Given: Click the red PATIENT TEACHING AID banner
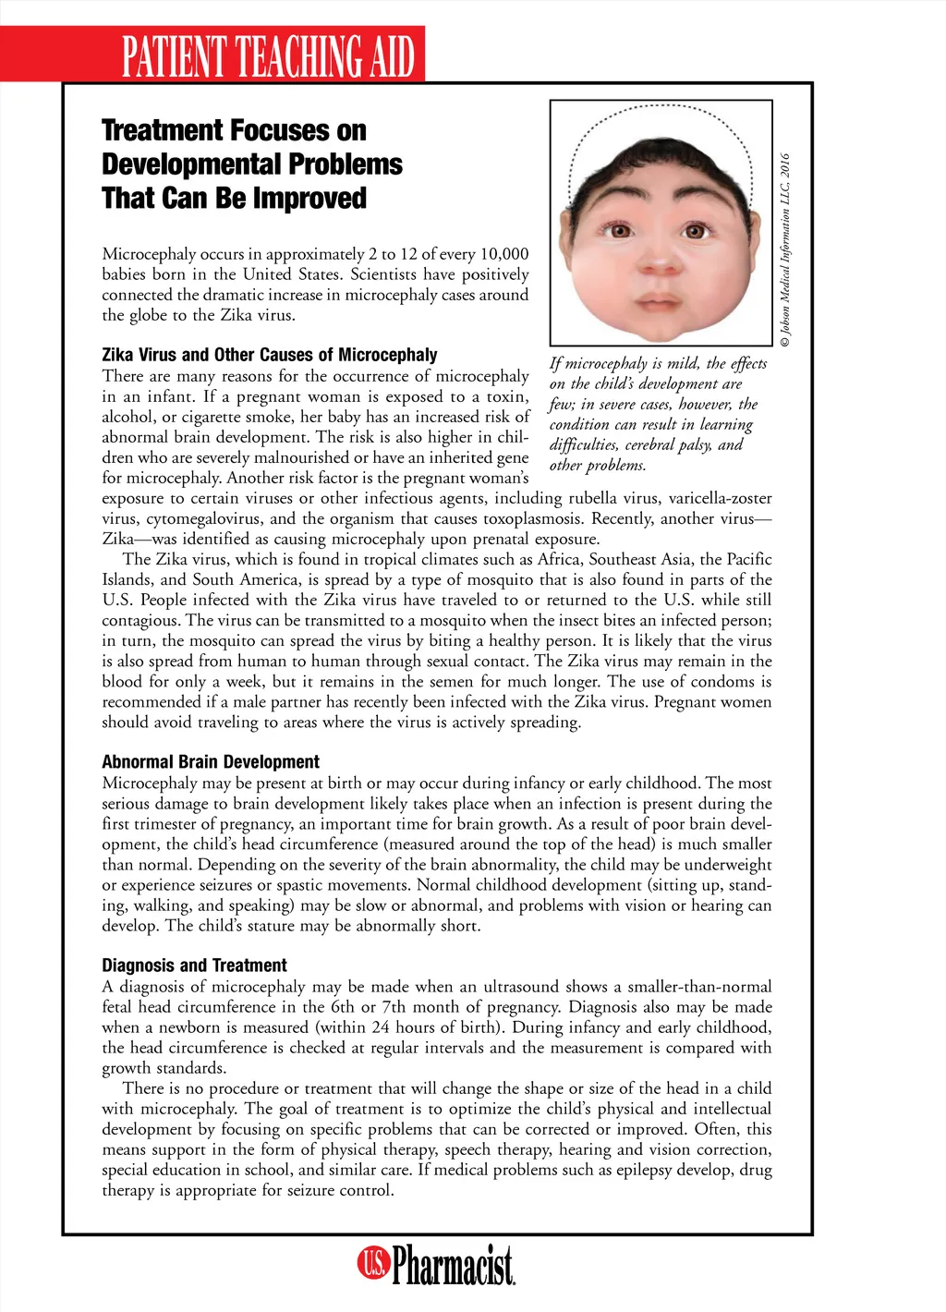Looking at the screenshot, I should pos(268,55).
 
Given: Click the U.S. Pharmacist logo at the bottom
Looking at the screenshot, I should pos(436,1264).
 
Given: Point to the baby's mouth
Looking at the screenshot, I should pos(659,302).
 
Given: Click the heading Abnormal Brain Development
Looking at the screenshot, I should pos(211,762).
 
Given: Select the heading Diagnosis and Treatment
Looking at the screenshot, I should pos(194,966).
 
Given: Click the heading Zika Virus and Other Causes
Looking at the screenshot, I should pos(269,355).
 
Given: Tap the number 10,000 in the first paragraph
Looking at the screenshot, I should pos(503,254).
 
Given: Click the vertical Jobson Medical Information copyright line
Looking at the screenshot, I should pos(785,249).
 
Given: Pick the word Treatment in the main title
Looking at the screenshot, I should pos(163,130).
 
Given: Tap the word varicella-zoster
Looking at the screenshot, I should pos(721,499).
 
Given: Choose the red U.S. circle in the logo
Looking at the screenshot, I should pos(373,1263).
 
